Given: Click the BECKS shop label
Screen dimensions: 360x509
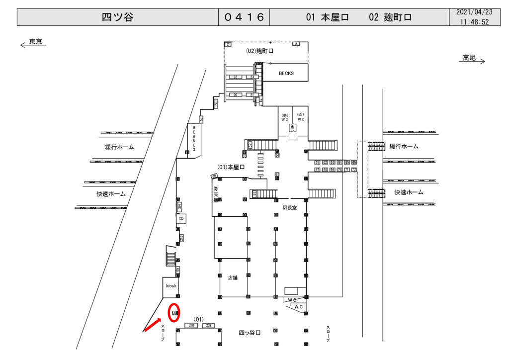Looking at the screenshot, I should click(x=286, y=73).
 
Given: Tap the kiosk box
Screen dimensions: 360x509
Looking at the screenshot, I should click(x=171, y=286).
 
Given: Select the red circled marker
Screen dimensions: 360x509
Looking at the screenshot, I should click(x=174, y=313).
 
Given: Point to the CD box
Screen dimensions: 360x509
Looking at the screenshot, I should click(x=182, y=218).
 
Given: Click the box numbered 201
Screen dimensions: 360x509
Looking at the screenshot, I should click(x=192, y=325).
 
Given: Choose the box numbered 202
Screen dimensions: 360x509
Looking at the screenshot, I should click(x=208, y=325).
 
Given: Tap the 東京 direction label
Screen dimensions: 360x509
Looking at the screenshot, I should click(x=35, y=42).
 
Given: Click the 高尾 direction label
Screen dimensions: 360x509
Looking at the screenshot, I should click(x=469, y=58).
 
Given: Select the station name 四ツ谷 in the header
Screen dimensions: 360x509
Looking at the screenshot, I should click(x=117, y=17).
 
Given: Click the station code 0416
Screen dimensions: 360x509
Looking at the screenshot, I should click(x=244, y=17).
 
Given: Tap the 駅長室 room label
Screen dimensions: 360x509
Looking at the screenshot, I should click(x=289, y=208).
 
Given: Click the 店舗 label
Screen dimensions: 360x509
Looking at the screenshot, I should click(x=233, y=277).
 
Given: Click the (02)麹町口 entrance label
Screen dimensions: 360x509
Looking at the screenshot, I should click(x=260, y=51).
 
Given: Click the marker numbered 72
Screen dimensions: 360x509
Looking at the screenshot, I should click(x=354, y=170).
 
